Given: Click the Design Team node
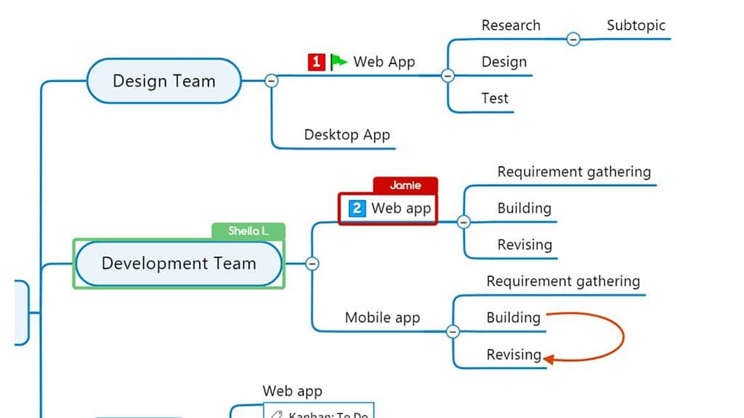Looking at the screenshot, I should point(163,81).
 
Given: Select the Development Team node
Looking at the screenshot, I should point(178,263).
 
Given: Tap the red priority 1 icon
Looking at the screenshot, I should point(316,62).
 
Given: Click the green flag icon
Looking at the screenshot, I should point(339,62).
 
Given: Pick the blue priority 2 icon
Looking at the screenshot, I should point(357,209).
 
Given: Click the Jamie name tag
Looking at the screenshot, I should point(405,185).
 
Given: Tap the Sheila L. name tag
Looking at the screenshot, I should point(248,231).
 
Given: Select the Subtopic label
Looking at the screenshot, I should point(636,25).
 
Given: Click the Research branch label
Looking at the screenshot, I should point(511,25).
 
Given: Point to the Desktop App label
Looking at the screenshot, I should point(347,134).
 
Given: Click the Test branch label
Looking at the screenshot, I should point(495,98).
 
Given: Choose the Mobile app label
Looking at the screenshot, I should point(382,318).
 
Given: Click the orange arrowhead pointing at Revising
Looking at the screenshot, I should point(549,358).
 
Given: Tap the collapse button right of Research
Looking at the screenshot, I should point(573,39).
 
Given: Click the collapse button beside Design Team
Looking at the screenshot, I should point(272,81).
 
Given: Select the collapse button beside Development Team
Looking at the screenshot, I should point(312,263).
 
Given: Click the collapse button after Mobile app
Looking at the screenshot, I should point(453,331).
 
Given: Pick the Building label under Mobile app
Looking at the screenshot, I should point(513,318).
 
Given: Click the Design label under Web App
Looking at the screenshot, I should point(504,62).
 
